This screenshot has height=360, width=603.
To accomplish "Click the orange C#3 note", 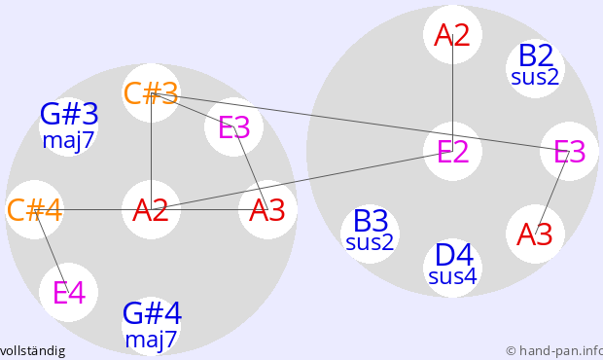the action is click(151, 93).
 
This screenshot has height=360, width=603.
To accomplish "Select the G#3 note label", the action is click(69, 114).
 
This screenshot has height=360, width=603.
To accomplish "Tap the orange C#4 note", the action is click(35, 210).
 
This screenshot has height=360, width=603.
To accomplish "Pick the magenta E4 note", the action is click(69, 292).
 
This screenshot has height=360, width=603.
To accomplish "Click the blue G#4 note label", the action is click(152, 313).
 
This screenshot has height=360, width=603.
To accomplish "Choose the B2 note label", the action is click(536, 55).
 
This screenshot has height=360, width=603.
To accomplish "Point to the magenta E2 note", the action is click(453, 151).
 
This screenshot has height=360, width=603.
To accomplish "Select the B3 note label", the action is click(371, 221).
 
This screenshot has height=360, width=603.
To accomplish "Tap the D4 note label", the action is click(453, 255).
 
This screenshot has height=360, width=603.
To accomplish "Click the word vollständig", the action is click(32, 351).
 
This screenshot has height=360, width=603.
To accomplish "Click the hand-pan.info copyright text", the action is click(554, 351).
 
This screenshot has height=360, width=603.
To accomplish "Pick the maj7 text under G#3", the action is click(68, 140).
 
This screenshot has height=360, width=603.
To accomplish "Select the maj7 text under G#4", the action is click(151, 340).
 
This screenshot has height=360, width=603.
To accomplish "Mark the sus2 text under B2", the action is click(535, 77).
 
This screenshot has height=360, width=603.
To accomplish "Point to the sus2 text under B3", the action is click(370, 242).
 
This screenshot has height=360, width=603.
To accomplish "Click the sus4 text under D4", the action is click(452, 276).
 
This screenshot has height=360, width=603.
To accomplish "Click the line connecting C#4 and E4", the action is click(52, 251).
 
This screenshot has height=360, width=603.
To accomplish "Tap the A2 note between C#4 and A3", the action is click(151, 210).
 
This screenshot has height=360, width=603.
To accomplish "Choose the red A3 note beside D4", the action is click(535, 234).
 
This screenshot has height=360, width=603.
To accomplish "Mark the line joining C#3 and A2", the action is click(152, 152).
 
